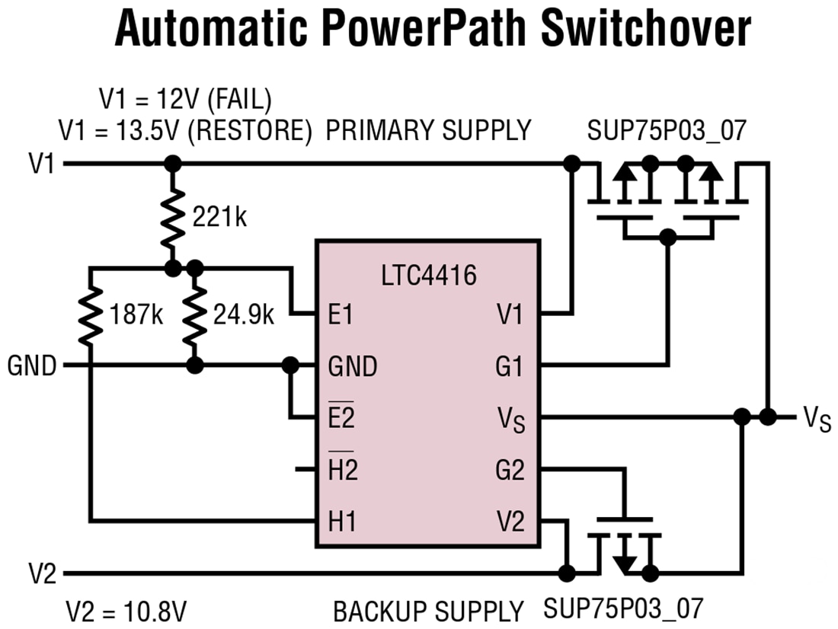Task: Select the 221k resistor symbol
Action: [x=173, y=216]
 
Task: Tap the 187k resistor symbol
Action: [x=90, y=315]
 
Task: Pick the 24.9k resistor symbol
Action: [x=195, y=315]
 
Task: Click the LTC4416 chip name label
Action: [x=429, y=275]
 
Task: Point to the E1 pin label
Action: [x=341, y=314]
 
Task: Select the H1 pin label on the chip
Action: [x=342, y=522]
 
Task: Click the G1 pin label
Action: [x=509, y=366]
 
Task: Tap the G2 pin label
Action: [x=509, y=471]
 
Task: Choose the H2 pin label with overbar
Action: [x=342, y=470]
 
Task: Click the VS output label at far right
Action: [x=816, y=419]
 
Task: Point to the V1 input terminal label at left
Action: [x=42, y=164]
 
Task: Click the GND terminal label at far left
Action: [x=32, y=366]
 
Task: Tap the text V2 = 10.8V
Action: [x=126, y=611]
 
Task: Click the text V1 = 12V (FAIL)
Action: [x=185, y=99]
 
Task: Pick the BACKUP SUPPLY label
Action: [x=428, y=611]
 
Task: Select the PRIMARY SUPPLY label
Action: [x=428, y=130]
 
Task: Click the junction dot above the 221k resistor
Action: [x=173, y=163]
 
